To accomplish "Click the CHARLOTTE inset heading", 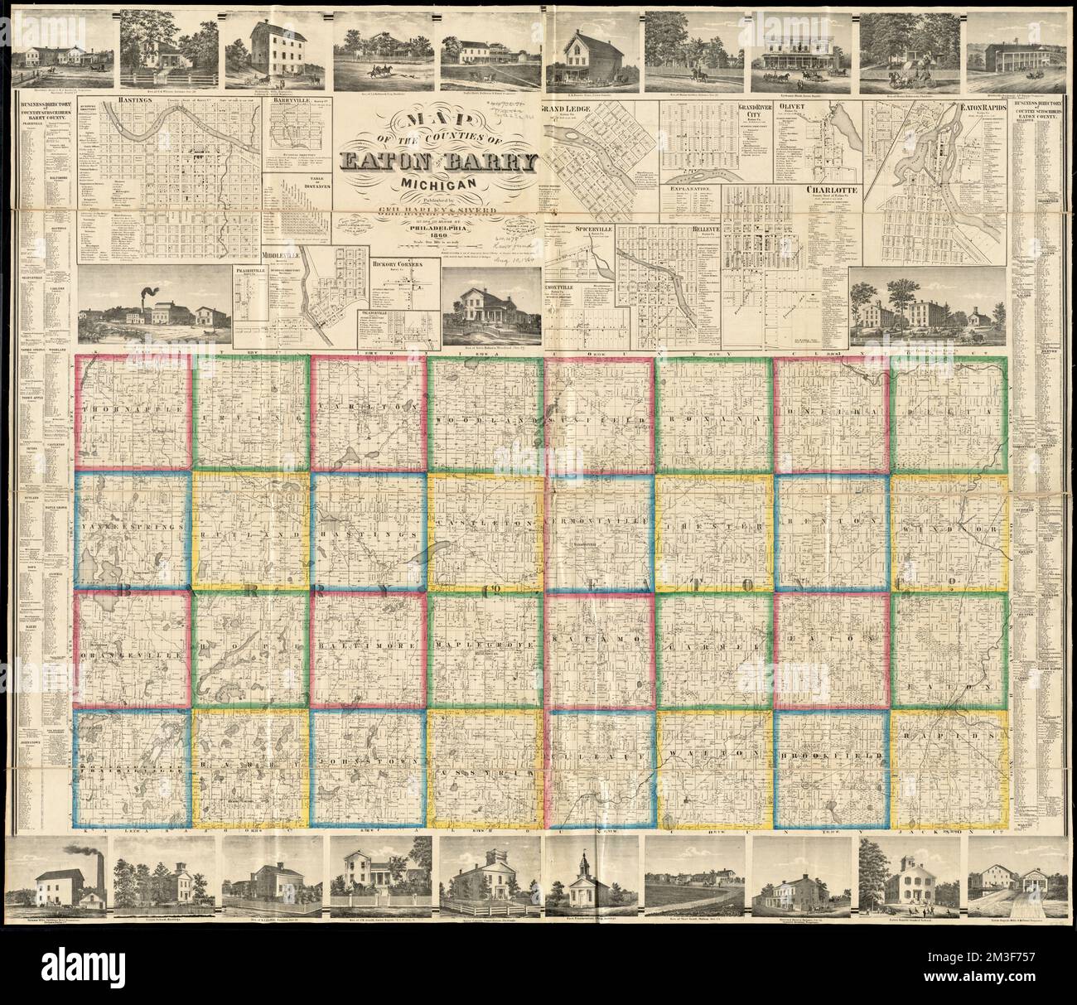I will (830, 189).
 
